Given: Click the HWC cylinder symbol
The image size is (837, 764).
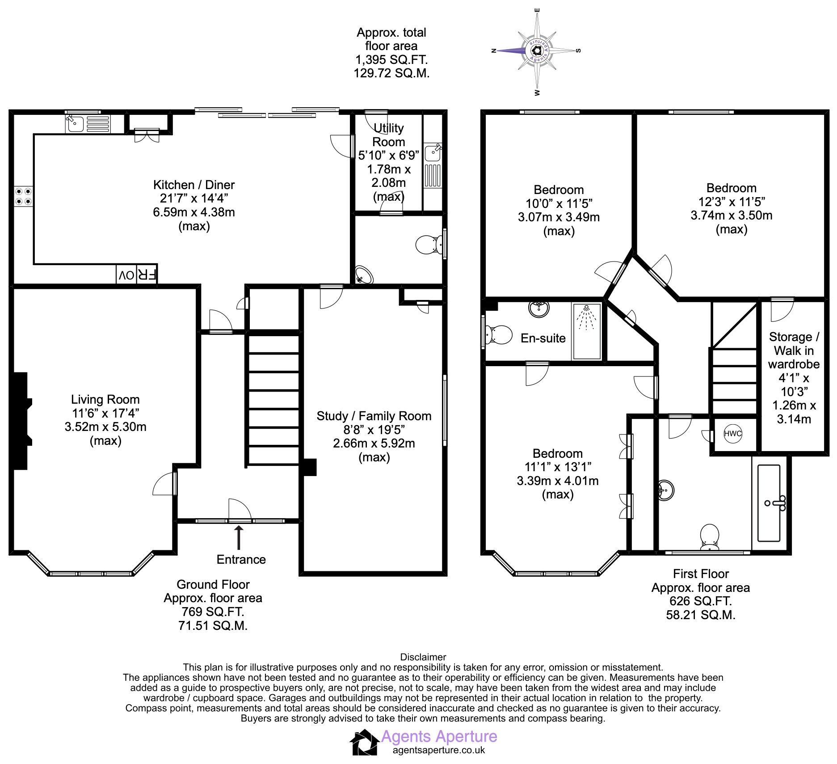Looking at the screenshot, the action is (733, 434).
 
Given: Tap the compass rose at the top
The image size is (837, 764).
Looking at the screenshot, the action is (537, 51).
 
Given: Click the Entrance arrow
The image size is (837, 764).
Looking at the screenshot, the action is (239, 537).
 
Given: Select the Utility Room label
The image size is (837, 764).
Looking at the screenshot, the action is (388, 135).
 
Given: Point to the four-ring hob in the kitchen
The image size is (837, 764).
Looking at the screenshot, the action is (24, 196).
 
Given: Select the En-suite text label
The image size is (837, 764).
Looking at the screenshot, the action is (543, 338).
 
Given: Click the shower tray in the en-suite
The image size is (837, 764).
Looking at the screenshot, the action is (587, 331).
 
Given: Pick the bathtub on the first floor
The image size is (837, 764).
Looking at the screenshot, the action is (769, 503).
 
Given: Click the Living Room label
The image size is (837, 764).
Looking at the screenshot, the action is (105, 399).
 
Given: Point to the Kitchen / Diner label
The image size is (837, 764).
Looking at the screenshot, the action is (194, 185).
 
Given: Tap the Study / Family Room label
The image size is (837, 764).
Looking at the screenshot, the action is (374, 416).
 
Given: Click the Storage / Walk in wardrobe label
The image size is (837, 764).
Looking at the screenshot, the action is (794, 350).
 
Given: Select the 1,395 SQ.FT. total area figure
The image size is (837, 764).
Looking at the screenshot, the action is (391, 59).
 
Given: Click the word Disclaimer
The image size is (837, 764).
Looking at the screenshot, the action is (423, 657).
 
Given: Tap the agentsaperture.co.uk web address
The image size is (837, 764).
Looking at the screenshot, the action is (439, 750).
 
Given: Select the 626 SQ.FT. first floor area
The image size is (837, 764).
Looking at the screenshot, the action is (701, 601).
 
